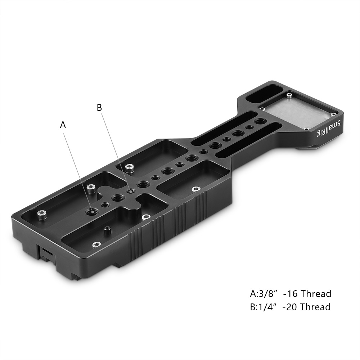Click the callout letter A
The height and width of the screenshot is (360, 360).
tap(63, 125)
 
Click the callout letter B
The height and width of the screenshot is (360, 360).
tap(99, 107)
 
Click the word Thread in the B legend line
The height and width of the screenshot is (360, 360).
tap(315, 307)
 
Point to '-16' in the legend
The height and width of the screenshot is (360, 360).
tap(291, 294)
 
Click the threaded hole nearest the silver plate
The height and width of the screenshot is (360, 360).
tap(258, 122)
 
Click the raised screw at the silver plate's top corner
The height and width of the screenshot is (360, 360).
tap(289, 96)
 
